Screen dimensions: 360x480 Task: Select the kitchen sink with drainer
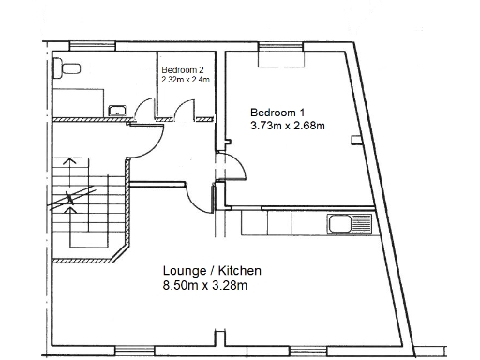[349, 224]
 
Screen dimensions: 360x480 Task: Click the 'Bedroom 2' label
[182, 70]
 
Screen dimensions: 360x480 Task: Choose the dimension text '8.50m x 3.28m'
[205, 285]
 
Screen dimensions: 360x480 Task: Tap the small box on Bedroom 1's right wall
[354, 140]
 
